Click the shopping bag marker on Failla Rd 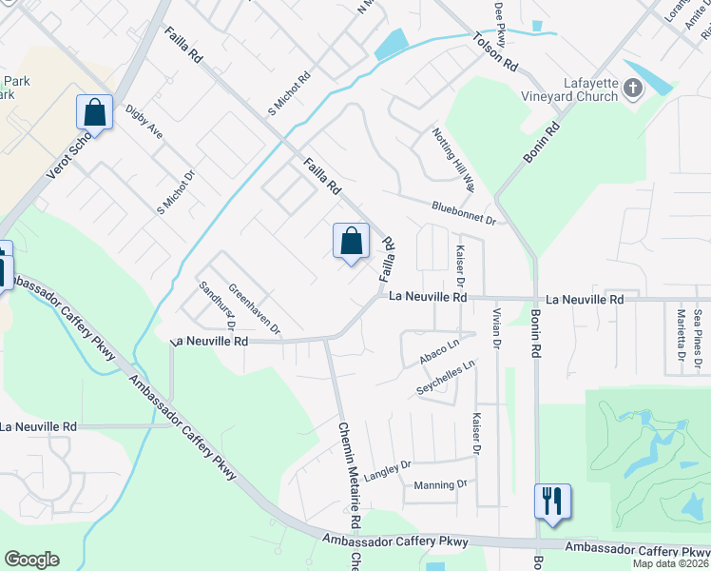[351, 240]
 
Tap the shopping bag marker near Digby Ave [95, 113]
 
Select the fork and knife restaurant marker [552, 501]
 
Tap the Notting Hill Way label [452, 154]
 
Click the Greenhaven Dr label [255, 309]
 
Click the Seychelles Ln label [445, 379]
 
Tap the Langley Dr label [387, 468]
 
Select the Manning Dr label [441, 484]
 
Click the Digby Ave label [144, 122]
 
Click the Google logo [31, 560]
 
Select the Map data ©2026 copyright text [671, 563]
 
